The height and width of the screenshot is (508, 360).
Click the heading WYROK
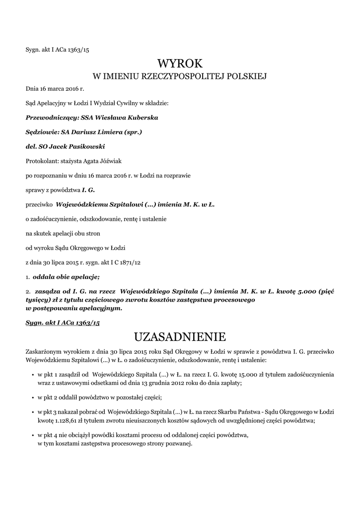180,63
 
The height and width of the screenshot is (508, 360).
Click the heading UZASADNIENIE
180,337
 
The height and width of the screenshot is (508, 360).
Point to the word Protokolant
41,161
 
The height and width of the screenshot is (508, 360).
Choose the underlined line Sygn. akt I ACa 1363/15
63,322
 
